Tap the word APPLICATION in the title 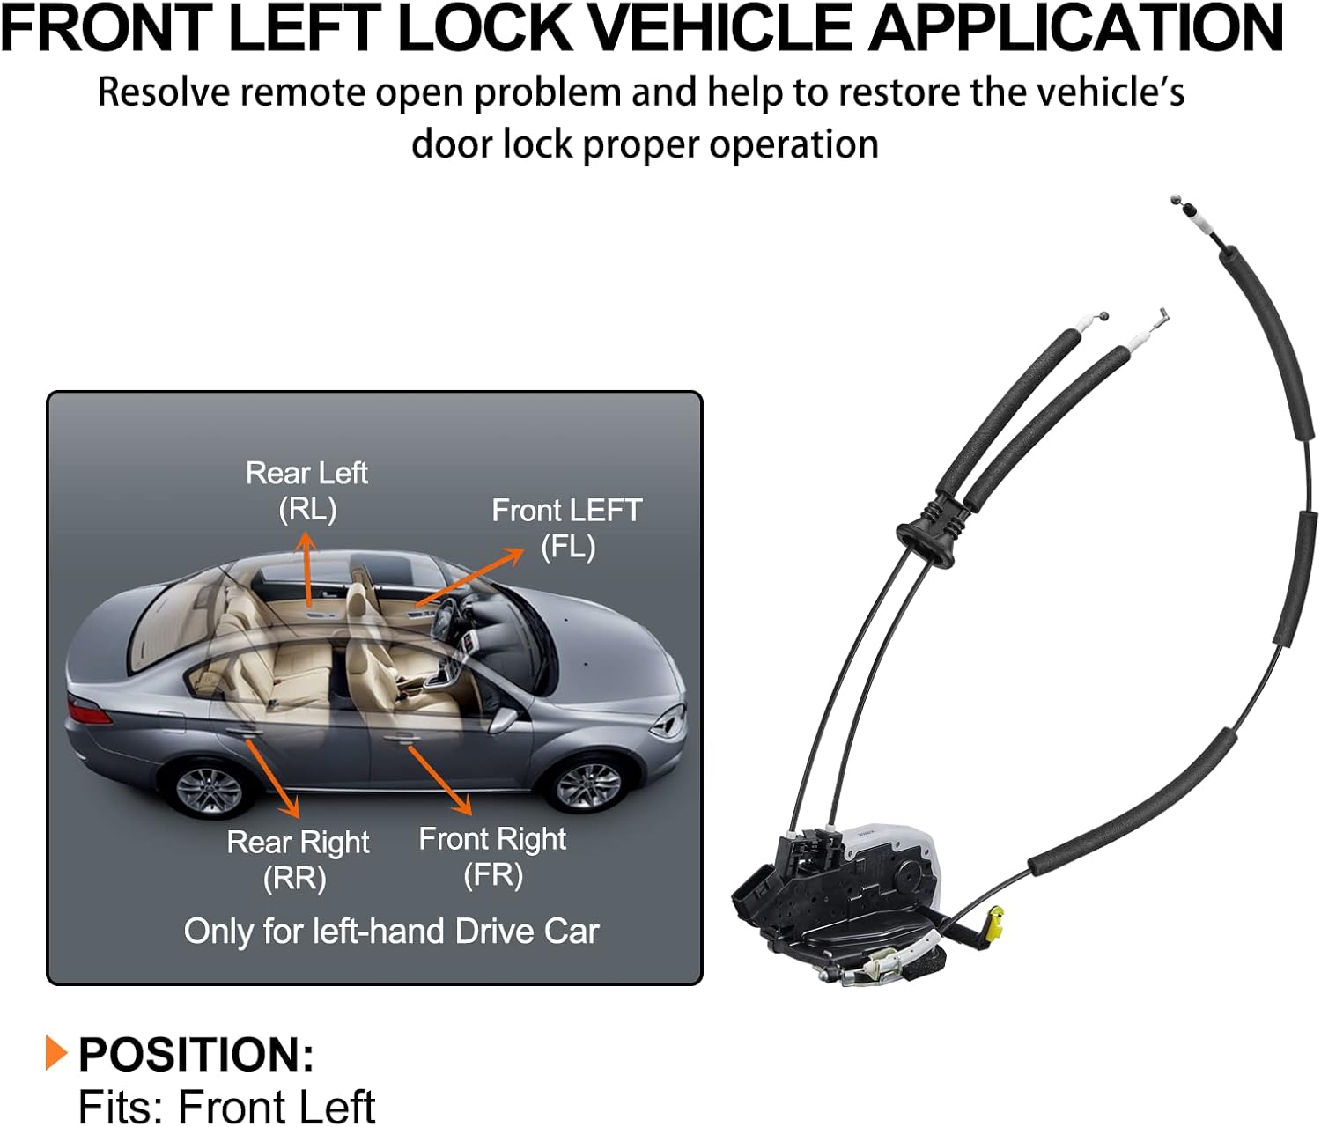click(x=1075, y=28)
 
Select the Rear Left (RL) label click(x=306, y=490)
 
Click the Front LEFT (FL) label click(x=566, y=527)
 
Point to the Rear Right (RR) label click(x=298, y=859)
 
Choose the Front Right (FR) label click(x=492, y=856)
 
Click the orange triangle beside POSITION click(x=56, y=1052)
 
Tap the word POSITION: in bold click(x=196, y=1054)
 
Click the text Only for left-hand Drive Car click(x=391, y=931)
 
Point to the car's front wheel click(x=587, y=784)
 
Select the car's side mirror click(x=504, y=718)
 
